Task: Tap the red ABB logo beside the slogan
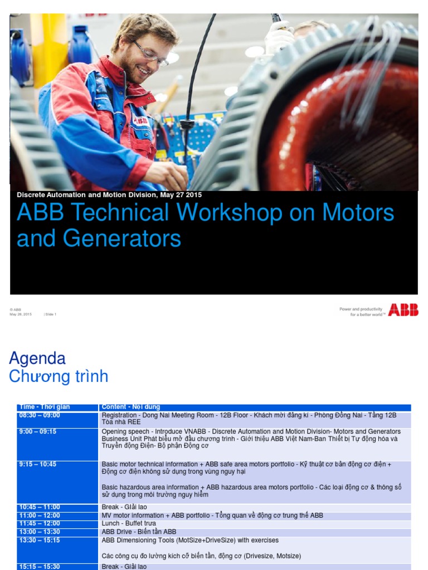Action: click(403, 310)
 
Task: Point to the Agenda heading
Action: click(37, 358)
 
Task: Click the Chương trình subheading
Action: click(59, 377)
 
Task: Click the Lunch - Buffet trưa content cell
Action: click(129, 524)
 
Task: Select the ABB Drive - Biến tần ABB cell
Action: click(139, 532)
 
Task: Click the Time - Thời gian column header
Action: click(44, 407)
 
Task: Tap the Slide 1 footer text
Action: click(50, 315)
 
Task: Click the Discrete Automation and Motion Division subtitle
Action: click(109, 195)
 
